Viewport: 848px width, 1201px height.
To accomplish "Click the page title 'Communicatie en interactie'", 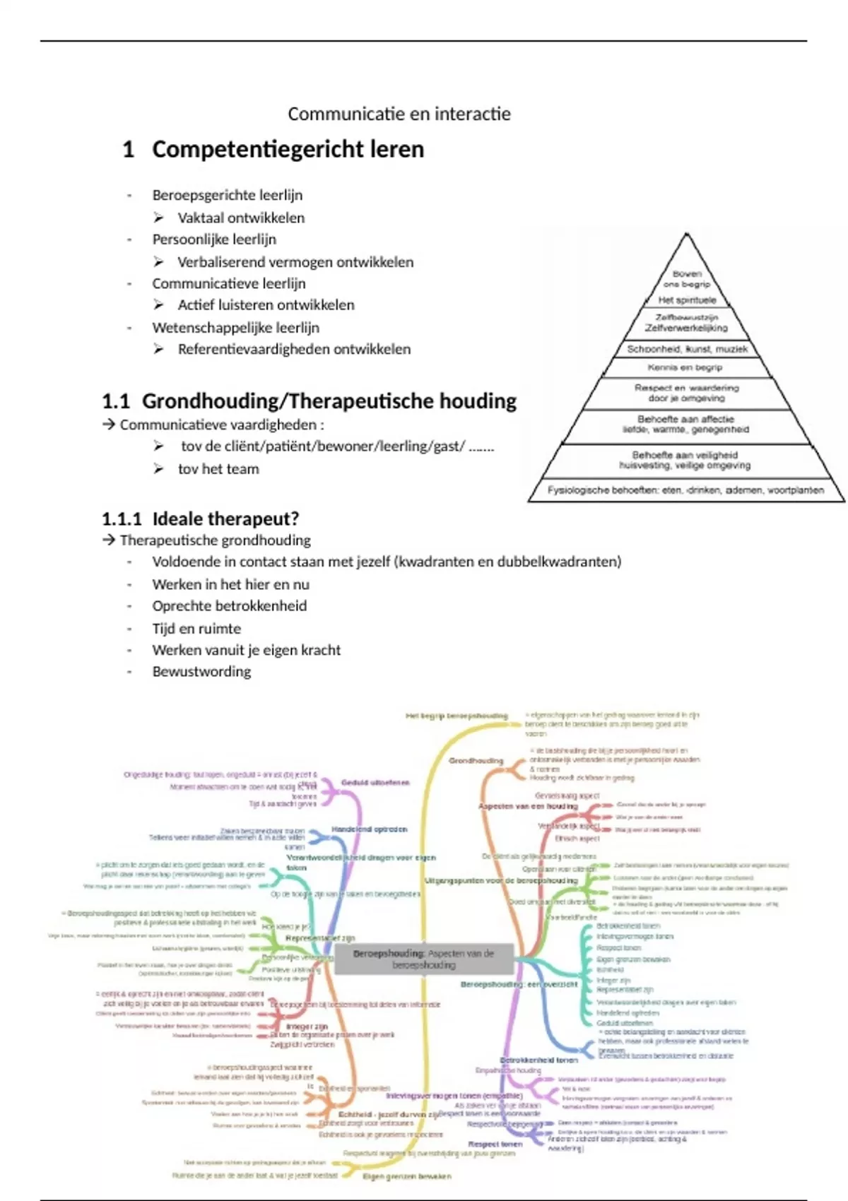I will [399, 114].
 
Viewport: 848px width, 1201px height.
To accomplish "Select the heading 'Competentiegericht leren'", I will [288, 150].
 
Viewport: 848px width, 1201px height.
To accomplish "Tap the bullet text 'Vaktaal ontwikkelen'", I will [241, 218].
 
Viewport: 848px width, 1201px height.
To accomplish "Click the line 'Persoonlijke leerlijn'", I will [214, 239].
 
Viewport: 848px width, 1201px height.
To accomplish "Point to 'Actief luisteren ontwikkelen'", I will [266, 305].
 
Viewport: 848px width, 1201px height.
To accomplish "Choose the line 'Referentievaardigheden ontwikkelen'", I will [294, 349].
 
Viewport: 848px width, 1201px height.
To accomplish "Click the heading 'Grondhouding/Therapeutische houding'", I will [329, 401].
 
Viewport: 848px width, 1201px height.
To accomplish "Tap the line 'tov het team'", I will [218, 469].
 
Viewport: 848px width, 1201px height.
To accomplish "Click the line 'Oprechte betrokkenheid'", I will [230, 606].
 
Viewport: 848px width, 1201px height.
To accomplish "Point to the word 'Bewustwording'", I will [201, 671].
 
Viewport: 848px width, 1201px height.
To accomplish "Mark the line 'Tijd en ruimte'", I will [196, 629].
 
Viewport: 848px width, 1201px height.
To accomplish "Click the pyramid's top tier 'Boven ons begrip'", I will [687, 279].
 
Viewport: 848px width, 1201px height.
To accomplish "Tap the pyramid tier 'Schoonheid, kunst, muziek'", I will [687, 349].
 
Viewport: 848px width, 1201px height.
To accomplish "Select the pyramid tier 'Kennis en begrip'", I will [685, 367].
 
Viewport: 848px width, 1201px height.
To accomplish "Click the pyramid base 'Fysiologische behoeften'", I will [685, 490].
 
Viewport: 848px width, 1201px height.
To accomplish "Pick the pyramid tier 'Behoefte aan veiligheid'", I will [685, 460].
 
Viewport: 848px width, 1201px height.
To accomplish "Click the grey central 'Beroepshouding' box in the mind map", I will [424, 959].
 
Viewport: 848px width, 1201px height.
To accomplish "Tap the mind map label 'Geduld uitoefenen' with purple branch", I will [375, 783].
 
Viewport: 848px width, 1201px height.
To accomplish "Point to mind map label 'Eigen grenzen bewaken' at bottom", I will [406, 1176].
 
